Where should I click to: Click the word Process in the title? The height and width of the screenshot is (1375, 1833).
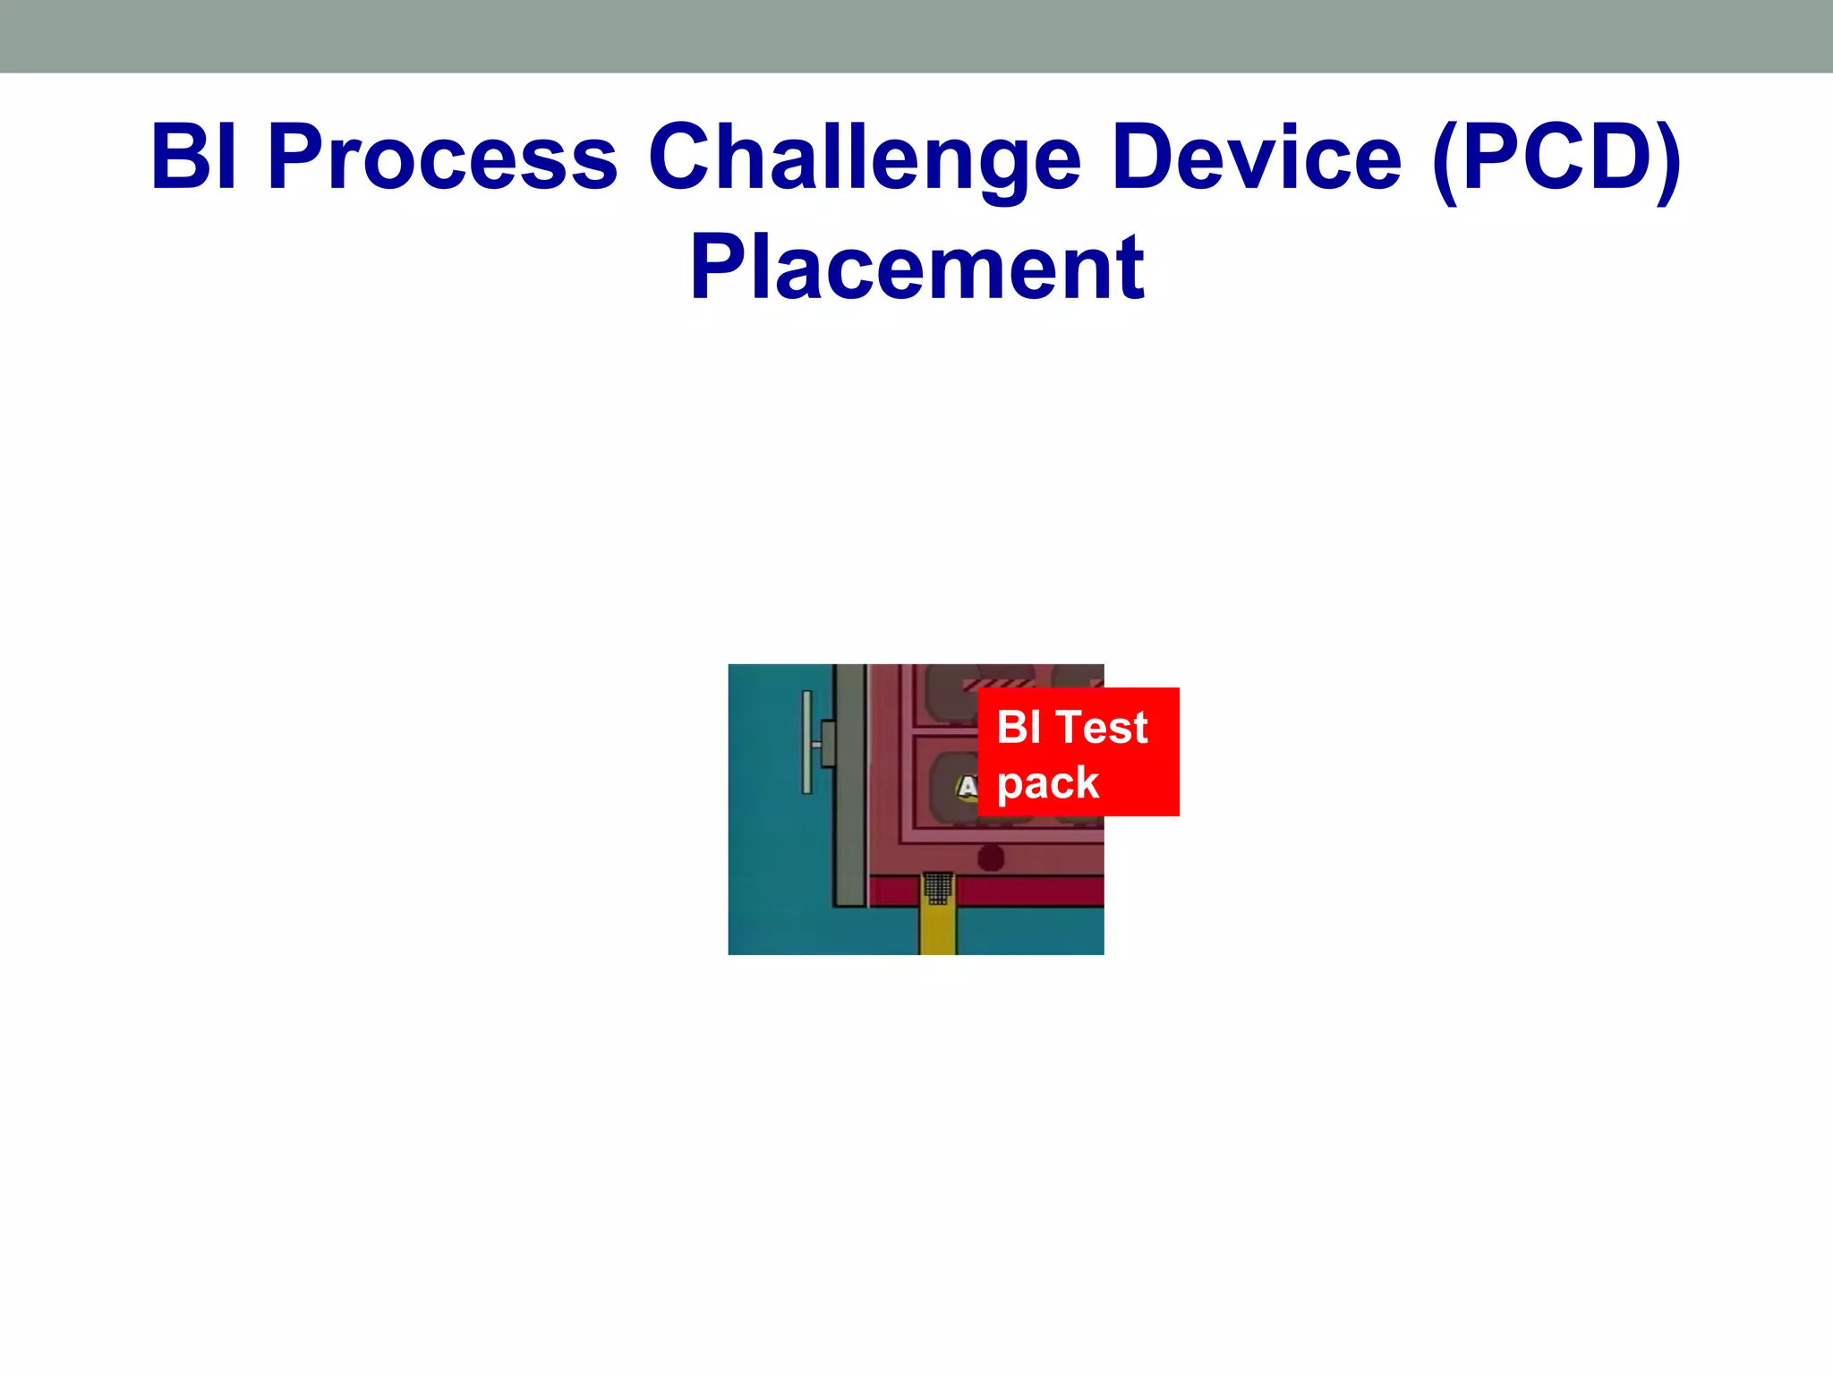coord(443,158)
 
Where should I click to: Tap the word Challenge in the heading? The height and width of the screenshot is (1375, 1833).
coord(864,158)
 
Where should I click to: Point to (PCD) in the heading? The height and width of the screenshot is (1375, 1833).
coord(1556,158)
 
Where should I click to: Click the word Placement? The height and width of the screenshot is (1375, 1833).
coord(916,268)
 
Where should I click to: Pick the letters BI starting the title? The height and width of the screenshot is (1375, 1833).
coord(194,158)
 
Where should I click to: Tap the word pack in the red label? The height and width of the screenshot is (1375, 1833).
coord(1047,783)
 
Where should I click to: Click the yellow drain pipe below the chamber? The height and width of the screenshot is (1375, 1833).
coord(937,931)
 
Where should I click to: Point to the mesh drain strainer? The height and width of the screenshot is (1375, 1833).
coord(938,888)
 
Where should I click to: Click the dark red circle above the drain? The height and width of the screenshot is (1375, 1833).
coord(991,858)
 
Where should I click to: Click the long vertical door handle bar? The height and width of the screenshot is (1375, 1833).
coord(806,742)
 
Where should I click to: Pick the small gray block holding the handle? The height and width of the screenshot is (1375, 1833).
coord(828,743)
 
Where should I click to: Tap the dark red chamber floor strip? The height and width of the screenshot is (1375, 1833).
coord(1029,892)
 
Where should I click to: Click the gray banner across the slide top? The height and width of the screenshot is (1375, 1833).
coord(916,36)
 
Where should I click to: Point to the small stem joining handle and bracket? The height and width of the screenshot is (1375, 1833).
coord(816,744)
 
